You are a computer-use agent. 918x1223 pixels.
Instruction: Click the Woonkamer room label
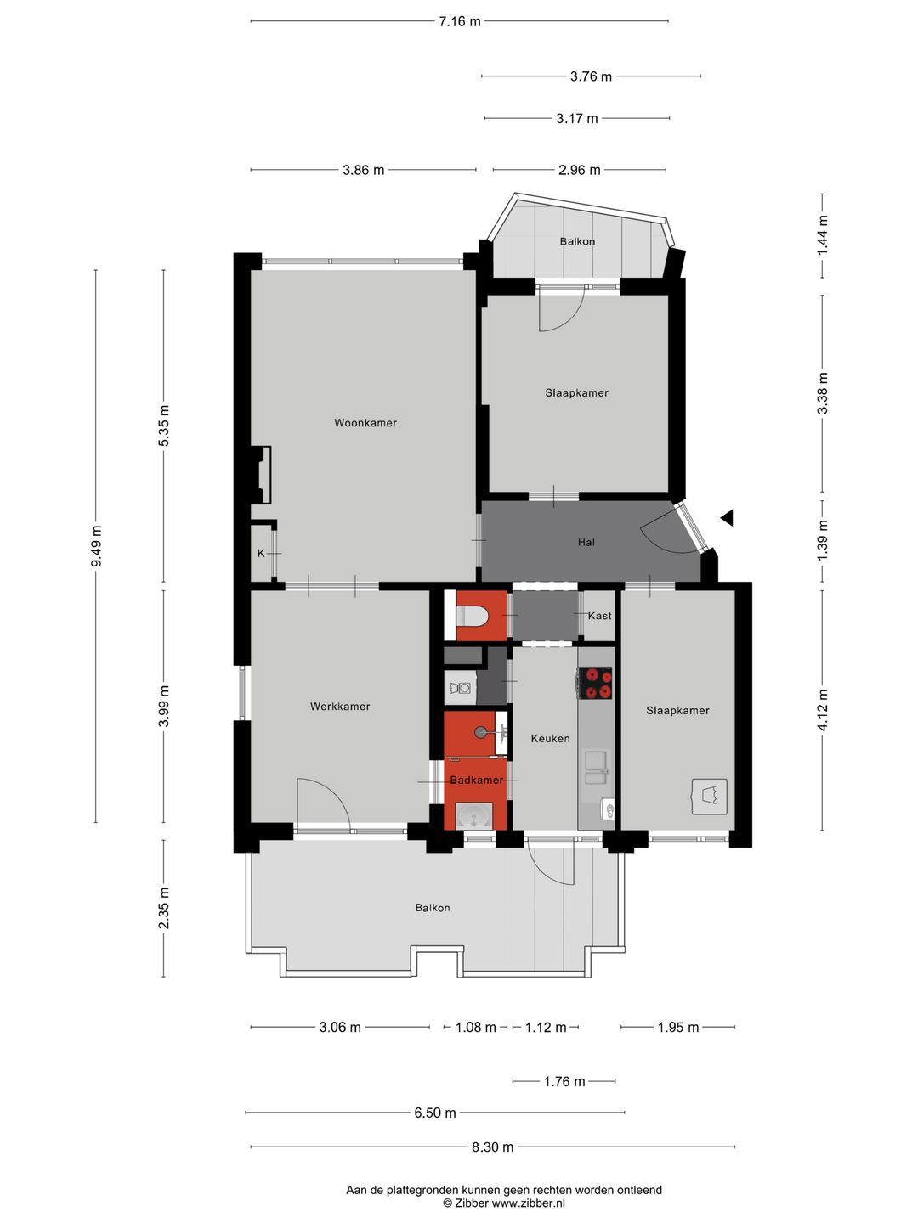point(365,423)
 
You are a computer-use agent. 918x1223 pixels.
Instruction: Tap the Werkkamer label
point(340,707)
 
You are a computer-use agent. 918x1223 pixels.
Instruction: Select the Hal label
point(586,542)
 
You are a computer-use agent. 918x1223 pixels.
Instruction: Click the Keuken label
point(550,739)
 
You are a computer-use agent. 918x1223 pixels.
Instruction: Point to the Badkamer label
point(477,780)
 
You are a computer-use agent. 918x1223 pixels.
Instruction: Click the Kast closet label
point(600,616)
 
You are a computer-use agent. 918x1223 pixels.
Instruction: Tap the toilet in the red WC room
point(472,616)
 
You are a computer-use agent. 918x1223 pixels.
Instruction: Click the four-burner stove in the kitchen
point(595,683)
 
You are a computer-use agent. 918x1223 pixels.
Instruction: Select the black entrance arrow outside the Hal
point(727,518)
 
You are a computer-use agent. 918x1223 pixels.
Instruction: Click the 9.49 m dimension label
point(96,546)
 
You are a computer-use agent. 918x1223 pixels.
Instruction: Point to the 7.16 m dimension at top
point(459,22)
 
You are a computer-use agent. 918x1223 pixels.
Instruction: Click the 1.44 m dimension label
point(822,235)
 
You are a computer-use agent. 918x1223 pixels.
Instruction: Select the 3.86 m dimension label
point(364,170)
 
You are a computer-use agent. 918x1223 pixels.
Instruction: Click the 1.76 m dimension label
point(564,1081)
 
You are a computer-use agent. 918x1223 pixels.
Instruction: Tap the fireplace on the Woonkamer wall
point(261,475)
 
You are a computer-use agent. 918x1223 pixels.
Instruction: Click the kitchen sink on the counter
point(597,767)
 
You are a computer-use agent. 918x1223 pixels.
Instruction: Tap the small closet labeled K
point(261,554)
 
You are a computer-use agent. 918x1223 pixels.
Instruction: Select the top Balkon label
point(577,242)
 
